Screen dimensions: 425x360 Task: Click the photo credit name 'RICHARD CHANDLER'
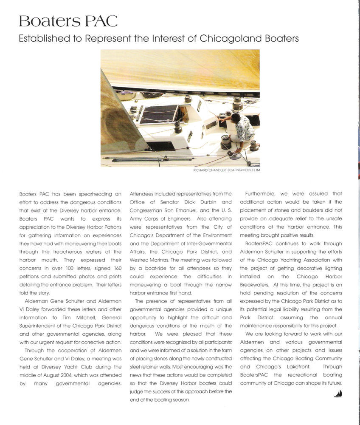pyautogui.click(x=208, y=170)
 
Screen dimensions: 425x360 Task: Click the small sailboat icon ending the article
pyautogui.click(x=338, y=394)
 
